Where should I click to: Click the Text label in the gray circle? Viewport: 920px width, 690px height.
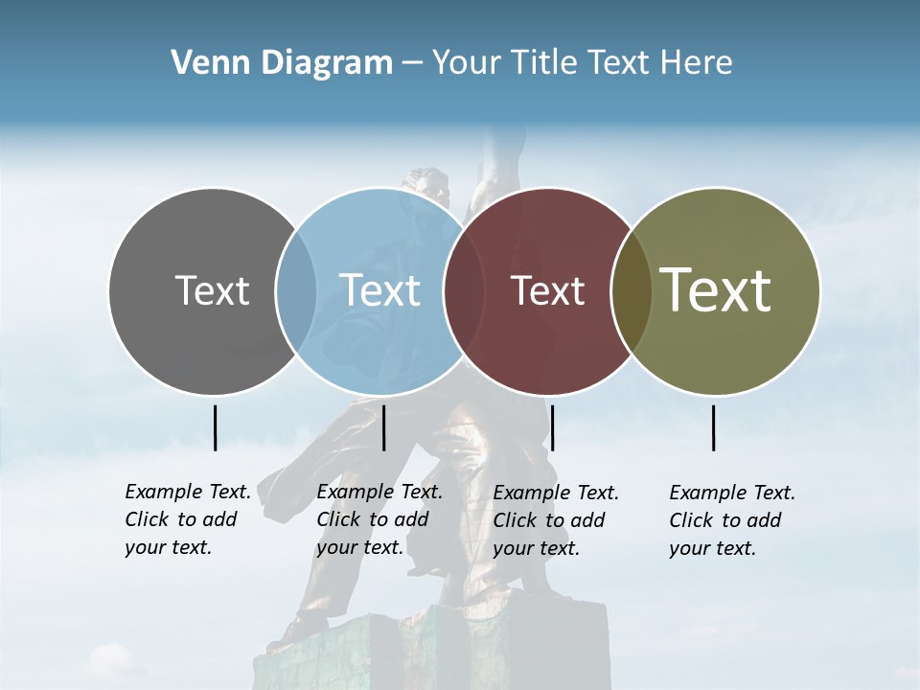tap(212, 290)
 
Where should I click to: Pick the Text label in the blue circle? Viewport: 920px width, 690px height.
tap(379, 290)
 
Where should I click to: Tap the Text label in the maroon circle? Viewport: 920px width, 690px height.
tap(547, 290)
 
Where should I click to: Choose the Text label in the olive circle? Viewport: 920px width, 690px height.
tap(716, 290)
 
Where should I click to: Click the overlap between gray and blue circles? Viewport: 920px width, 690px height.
tap(296, 290)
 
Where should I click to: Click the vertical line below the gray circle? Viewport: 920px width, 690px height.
tap(215, 427)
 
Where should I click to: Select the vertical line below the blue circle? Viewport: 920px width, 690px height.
tap(383, 427)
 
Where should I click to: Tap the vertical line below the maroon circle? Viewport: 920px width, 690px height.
tap(552, 427)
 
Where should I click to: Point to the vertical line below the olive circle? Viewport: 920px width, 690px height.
tap(714, 427)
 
